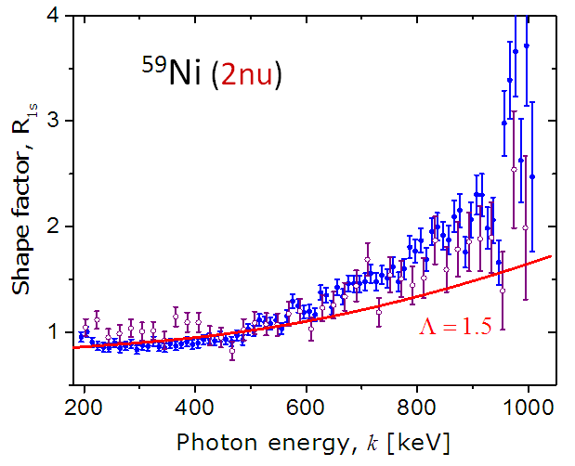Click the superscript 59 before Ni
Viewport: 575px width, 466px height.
[151, 67]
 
